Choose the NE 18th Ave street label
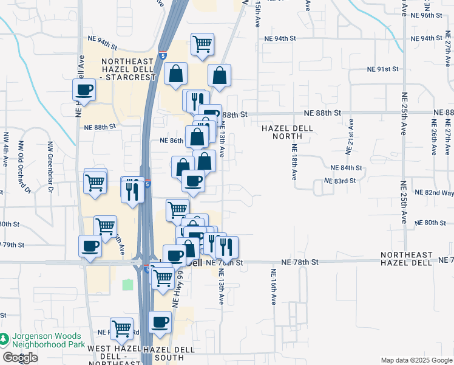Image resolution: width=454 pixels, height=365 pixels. pos(294,162)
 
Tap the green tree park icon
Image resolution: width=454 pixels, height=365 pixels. pos(5,339)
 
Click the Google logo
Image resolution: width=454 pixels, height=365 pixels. pos(21,357)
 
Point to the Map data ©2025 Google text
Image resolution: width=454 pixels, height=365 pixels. pos(416,360)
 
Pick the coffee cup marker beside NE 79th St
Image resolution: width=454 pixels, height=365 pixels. pos(90,246)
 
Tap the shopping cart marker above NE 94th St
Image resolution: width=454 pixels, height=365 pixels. pos(202,43)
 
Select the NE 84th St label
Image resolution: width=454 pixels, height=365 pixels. pos(346,168)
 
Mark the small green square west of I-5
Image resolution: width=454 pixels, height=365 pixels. pos(127,284)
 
